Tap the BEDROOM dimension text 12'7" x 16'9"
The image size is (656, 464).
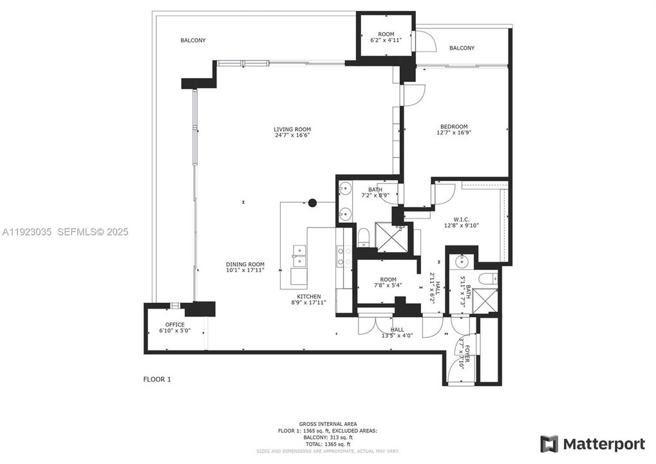[454, 133]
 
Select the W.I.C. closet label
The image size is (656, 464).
[462, 218]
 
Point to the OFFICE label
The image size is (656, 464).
[174, 325]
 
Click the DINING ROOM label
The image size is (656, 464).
[245, 264]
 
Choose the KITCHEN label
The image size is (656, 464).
[309, 296]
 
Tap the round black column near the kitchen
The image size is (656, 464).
[312, 202]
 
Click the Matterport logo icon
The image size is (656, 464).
[548, 444]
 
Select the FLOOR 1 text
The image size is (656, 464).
[157, 380]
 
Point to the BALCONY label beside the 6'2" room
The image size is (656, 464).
[462, 48]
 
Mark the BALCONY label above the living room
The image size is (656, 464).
[192, 41]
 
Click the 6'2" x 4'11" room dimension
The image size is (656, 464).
[386, 41]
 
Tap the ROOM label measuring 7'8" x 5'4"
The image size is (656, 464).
[388, 280]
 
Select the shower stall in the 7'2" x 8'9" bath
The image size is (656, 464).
[390, 238]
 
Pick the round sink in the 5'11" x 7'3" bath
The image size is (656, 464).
[461, 262]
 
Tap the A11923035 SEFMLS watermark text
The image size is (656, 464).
[64, 231]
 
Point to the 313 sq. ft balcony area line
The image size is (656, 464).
[328, 437]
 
